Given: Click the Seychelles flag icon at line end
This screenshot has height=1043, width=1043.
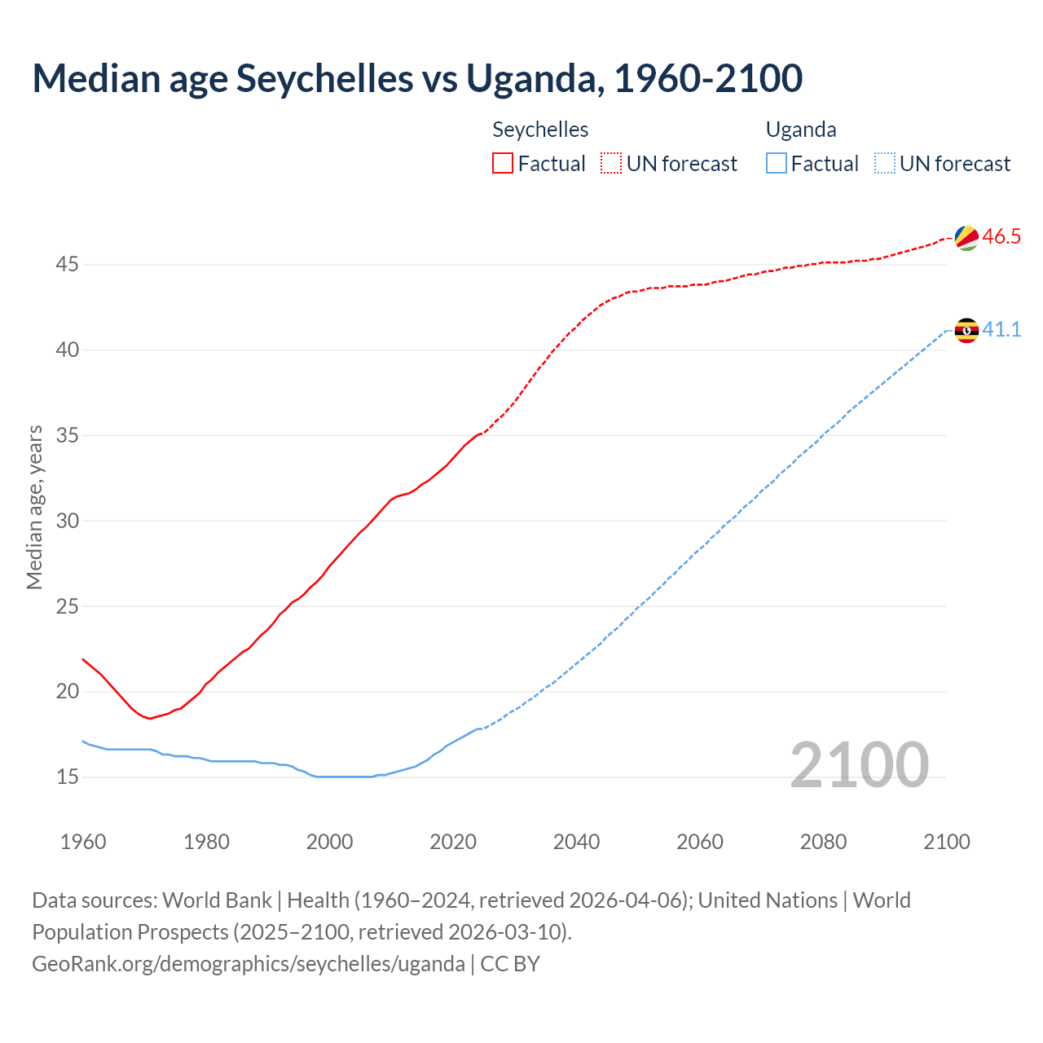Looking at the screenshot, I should coord(966,237).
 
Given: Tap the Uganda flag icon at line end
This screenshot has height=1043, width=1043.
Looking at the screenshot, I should coord(966,330).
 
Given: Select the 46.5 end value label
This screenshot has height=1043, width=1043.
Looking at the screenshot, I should coord(1001,237).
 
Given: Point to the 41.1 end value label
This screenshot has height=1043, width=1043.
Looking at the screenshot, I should coord(1001,330).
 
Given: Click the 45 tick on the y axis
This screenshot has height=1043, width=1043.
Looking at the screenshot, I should coord(68,265).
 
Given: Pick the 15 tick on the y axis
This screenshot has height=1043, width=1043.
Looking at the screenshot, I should coord(68,777).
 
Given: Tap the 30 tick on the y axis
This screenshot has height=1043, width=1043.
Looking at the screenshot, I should coord(68,521).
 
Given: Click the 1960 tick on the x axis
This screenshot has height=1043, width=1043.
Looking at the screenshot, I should coord(83,842).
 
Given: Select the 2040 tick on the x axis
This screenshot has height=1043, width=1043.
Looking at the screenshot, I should coord(576,842).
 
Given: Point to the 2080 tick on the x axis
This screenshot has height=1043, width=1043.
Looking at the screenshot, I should coord(823,842).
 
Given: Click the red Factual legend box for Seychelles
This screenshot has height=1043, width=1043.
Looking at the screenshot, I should coord(503,164).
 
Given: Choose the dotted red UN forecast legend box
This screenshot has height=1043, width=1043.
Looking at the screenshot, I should coord(611,164).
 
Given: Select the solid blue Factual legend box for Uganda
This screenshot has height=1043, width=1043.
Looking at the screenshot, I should coord(777,164).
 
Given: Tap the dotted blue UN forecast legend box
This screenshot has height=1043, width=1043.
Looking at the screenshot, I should coord(884,164).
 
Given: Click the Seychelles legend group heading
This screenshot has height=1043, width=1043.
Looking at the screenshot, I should coord(540,130).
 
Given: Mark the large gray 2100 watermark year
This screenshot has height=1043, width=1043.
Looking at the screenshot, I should coord(860,765).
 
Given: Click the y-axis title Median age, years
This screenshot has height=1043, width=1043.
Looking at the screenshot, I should coord(34,507).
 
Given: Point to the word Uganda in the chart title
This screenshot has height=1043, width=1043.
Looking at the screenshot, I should coord(535,78).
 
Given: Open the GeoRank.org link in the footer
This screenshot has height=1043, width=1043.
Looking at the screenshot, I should coord(249,964).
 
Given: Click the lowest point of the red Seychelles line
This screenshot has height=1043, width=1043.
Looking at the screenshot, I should coord(149,718).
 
